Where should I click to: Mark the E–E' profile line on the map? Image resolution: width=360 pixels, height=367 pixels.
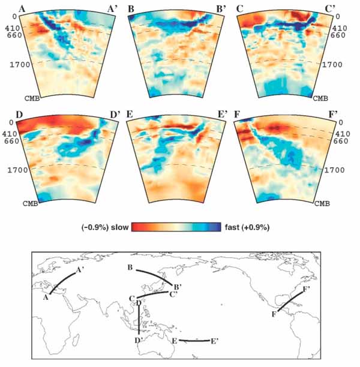(x=193, y=341)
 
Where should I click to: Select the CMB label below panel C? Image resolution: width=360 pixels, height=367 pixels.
(x=321, y=97)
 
